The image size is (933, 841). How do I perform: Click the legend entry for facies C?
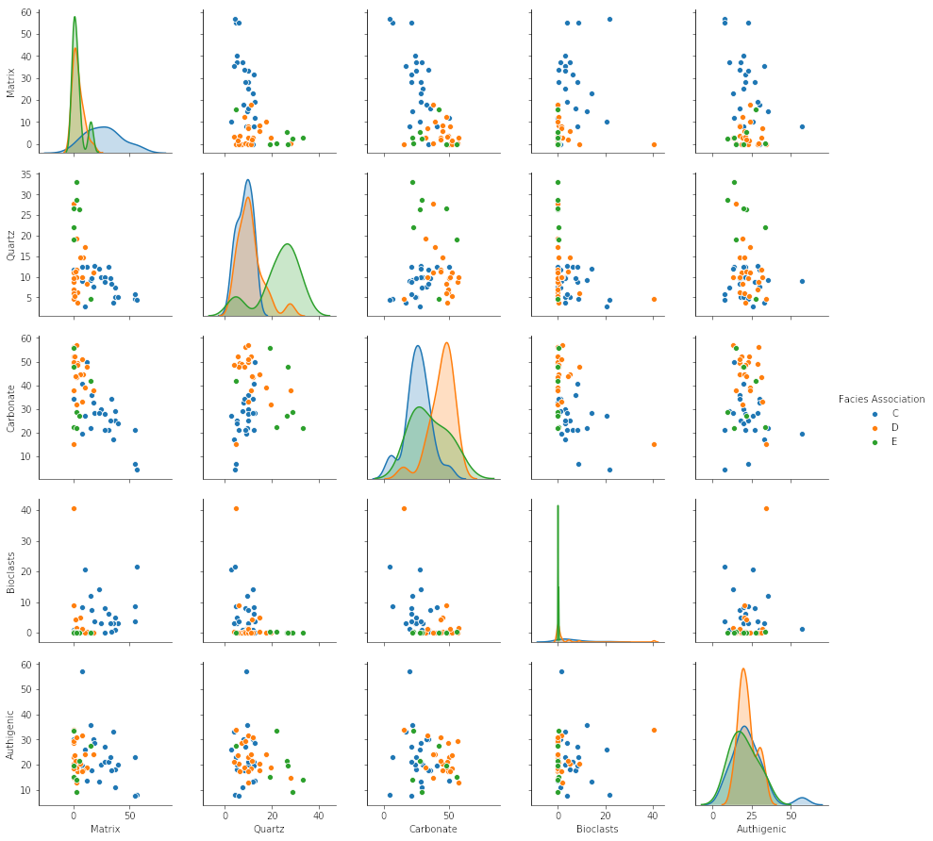pyautogui.click(x=894, y=414)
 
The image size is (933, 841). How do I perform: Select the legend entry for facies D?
pyautogui.click(x=894, y=428)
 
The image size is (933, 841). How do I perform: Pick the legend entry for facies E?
pyautogui.click(x=894, y=441)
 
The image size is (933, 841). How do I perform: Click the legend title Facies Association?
pyautogui.click(x=881, y=399)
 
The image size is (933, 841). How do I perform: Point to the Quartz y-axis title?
pyautogui.click(x=11, y=245)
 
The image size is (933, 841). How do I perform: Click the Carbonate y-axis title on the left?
pyautogui.click(x=11, y=408)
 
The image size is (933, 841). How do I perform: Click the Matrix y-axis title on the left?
pyautogui.click(x=11, y=82)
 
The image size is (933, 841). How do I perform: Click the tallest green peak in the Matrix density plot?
pyautogui.click(x=75, y=17)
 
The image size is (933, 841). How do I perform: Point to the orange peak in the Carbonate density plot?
pyautogui.click(x=446, y=343)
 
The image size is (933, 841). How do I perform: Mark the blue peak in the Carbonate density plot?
pyautogui.click(x=418, y=346)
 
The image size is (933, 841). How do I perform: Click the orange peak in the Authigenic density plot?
pyautogui.click(x=743, y=669)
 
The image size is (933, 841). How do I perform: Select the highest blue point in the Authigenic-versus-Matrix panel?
pyautogui.click(x=82, y=671)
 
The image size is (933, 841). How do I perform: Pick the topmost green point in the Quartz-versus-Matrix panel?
pyautogui.click(x=76, y=182)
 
